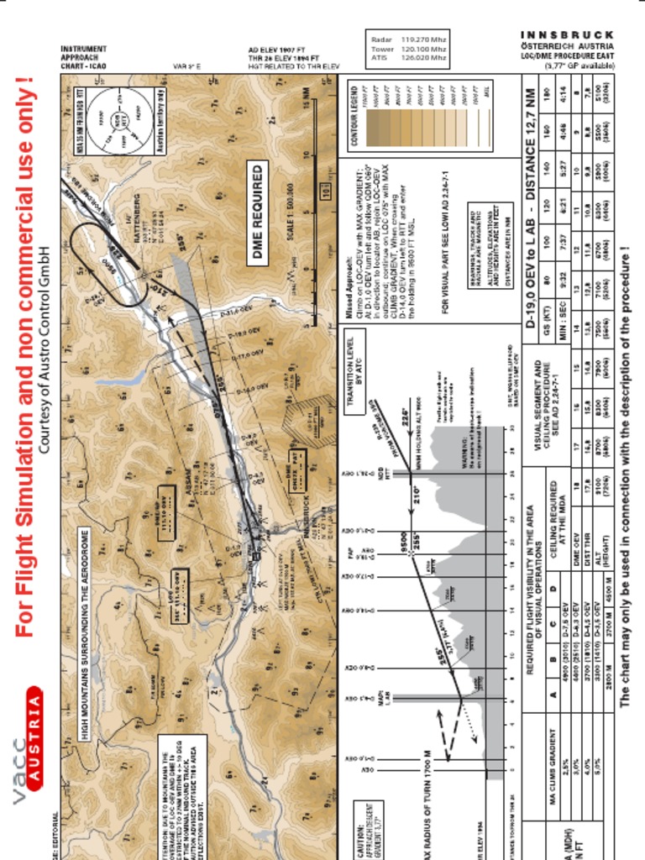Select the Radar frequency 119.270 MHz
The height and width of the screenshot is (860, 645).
tap(424, 39)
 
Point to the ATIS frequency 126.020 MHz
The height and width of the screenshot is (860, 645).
tap(424, 59)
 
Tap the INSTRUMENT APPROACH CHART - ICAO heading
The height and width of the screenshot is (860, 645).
tap(84, 57)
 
